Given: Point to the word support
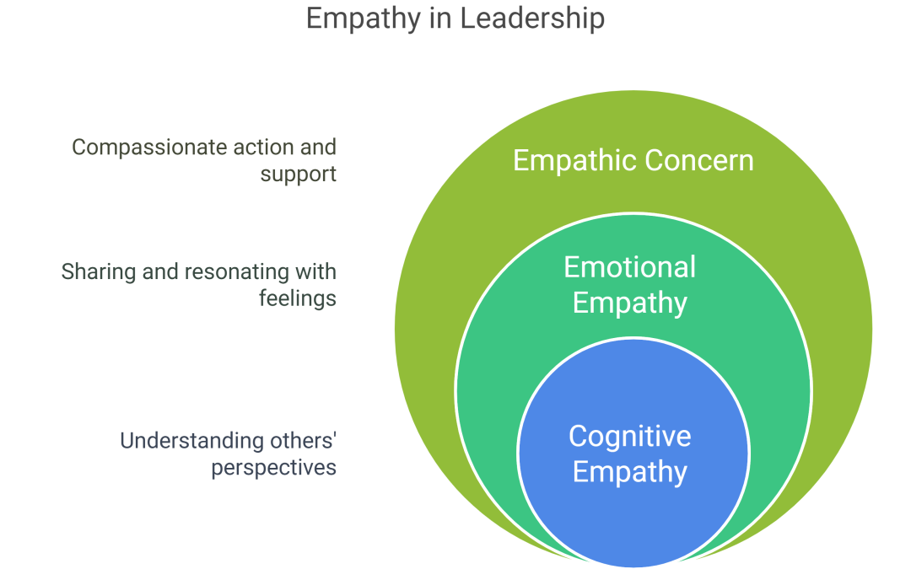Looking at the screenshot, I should point(298,174).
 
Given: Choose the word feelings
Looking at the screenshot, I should point(297,298).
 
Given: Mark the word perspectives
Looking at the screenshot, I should point(273,467).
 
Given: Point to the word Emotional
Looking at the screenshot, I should point(629,267).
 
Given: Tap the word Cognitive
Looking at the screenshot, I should point(629,436).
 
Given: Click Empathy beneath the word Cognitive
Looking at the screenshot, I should point(629,471).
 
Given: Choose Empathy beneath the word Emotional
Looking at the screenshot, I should point(629,303).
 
